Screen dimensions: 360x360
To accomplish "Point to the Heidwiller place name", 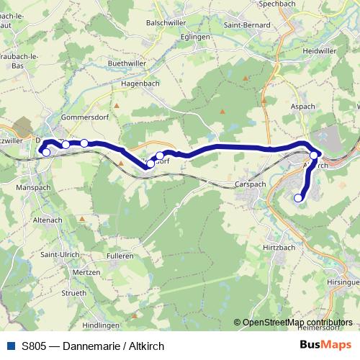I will click(320, 52).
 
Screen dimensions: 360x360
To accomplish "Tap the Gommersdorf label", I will click(84, 115).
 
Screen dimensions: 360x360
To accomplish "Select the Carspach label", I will click(250, 184).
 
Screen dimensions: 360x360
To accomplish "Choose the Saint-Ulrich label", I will click(60, 254).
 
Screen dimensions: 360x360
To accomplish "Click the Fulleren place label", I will click(120, 256).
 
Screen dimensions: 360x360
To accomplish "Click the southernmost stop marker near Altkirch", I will click(298, 198).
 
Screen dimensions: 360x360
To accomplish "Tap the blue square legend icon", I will click(11, 345).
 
